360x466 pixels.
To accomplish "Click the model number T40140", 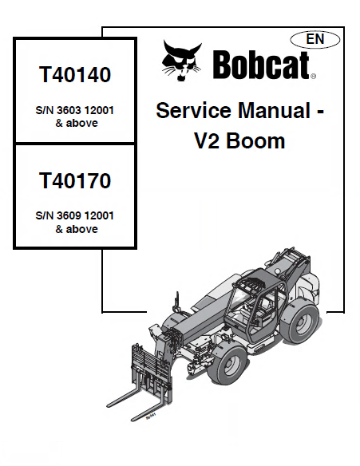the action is click(75, 74).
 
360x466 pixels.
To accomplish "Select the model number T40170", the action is click(75, 180).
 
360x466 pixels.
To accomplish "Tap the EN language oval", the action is click(315, 39).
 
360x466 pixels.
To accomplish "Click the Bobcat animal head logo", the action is click(182, 61).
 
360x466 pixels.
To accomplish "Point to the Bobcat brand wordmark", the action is click(261, 65).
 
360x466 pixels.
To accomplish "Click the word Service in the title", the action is click(193, 110).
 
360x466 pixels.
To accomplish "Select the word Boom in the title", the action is click(255, 140).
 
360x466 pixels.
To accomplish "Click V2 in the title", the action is click(208, 140).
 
